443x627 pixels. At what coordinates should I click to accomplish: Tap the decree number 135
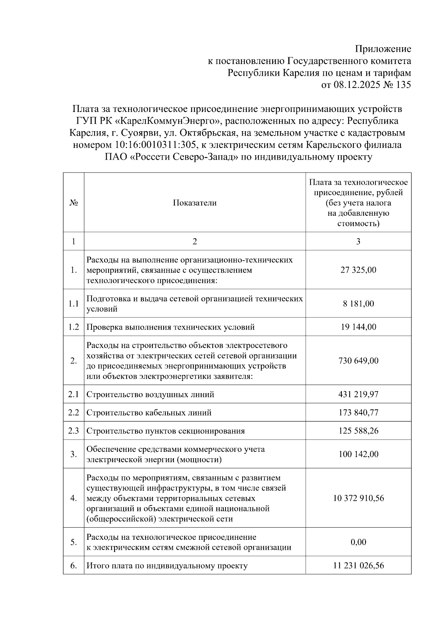(403, 85)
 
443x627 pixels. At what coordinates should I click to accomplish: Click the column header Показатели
(195, 203)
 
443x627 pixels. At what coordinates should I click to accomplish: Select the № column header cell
(73, 203)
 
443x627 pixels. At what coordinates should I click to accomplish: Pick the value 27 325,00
(358, 270)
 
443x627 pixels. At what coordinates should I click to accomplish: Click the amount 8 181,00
(358, 304)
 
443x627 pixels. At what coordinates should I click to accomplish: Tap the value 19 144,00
(358, 327)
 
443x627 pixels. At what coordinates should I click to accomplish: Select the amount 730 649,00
(358, 361)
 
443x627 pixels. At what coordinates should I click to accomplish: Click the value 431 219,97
(358, 395)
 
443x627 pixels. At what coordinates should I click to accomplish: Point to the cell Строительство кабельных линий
(149, 413)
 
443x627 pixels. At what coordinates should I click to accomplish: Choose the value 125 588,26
(358, 431)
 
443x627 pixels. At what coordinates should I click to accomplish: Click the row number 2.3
(73, 431)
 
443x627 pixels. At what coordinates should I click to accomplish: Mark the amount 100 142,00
(358, 454)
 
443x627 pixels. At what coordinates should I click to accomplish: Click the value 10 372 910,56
(358, 498)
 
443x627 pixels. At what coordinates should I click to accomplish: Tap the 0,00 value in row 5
(358, 542)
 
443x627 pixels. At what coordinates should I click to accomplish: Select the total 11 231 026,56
(358, 566)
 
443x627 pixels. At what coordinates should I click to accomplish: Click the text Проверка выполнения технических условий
(170, 327)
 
